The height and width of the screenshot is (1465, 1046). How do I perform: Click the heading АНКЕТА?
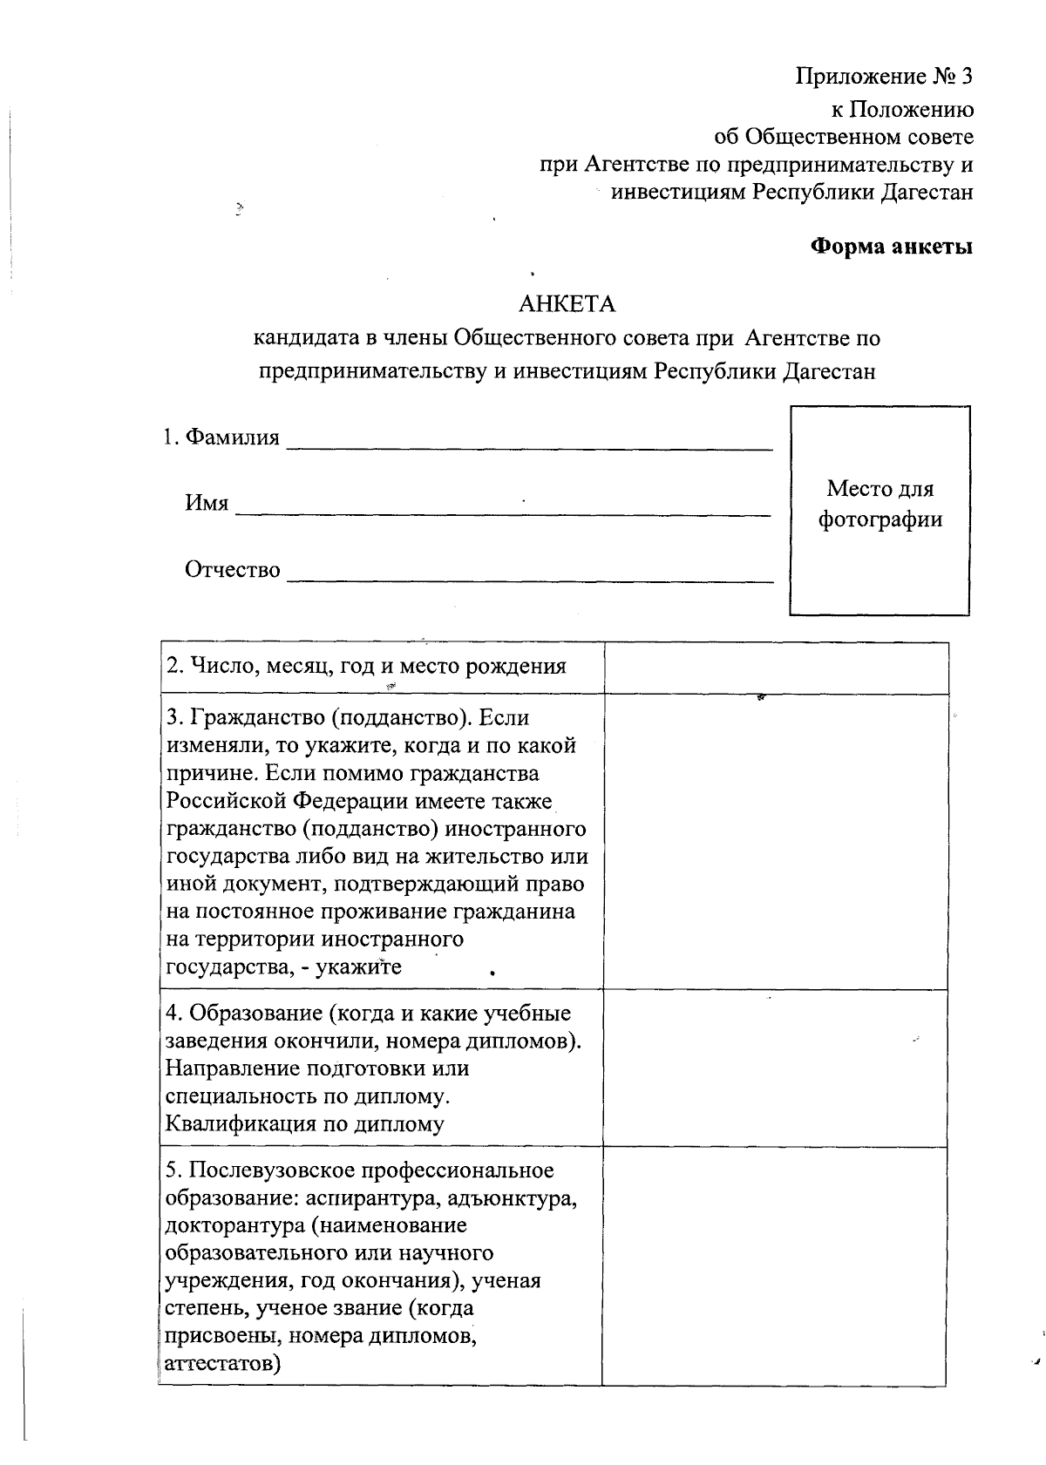coord(567,304)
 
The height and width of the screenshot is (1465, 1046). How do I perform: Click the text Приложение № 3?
coord(884,77)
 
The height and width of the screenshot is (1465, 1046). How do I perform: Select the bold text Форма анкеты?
coord(892,247)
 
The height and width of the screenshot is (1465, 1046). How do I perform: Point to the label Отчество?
coord(232,570)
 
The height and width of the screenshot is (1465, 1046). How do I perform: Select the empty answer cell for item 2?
coord(775,668)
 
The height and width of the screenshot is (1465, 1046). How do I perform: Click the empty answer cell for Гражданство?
coord(775,841)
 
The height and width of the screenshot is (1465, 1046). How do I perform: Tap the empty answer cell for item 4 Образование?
coord(775,1068)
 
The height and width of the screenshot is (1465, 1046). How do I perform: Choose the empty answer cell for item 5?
coord(775,1265)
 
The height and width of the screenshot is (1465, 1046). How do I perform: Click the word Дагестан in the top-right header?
coord(927,193)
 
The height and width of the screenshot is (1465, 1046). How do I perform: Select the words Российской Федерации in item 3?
coord(286,801)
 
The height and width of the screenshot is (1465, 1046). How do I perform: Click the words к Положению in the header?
coord(900,110)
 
